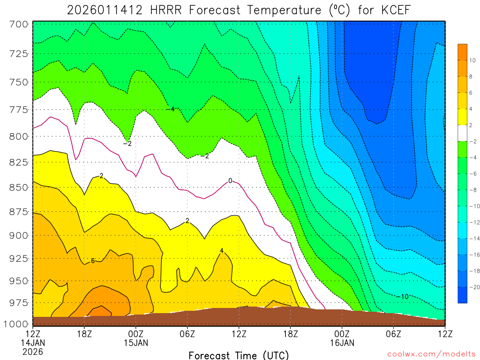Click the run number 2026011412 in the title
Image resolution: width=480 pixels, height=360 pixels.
point(105,10)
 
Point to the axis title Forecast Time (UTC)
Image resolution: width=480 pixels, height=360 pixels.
point(239,355)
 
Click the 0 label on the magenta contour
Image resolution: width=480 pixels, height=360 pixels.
point(230,180)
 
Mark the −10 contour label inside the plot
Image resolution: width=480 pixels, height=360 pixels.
point(402,296)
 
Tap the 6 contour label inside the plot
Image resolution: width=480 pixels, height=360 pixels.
point(93,261)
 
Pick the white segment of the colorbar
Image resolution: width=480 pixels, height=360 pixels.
point(463,133)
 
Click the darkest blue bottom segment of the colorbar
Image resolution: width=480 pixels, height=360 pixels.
point(463,295)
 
